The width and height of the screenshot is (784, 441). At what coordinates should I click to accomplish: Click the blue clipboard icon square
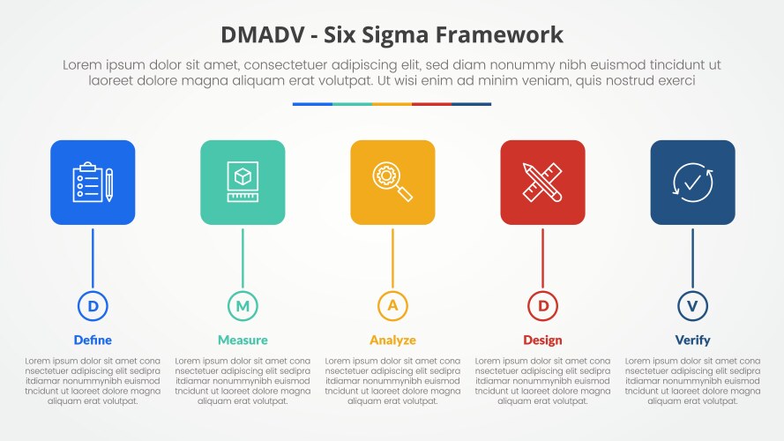(x=93, y=183)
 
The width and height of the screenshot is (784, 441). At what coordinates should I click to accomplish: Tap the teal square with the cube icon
(x=243, y=183)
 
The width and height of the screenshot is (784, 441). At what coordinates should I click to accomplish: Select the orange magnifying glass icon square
(x=392, y=183)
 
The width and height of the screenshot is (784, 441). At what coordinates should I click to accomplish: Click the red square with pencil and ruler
(x=542, y=183)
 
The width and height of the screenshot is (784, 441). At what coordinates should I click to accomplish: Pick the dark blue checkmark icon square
(x=692, y=183)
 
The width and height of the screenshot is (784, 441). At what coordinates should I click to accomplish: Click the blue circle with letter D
(x=93, y=306)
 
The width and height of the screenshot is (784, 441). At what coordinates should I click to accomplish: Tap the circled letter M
(x=243, y=306)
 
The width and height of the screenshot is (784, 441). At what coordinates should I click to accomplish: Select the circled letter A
(x=392, y=306)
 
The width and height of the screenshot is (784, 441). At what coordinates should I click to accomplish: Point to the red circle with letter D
(x=542, y=306)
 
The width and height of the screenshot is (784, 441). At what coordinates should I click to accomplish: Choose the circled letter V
(x=692, y=306)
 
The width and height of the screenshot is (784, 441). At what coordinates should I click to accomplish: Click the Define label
(x=93, y=340)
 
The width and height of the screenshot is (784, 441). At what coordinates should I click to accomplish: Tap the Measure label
(x=243, y=340)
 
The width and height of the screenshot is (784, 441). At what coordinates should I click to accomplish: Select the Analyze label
(x=392, y=340)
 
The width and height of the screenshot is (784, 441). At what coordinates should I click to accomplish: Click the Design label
(x=542, y=340)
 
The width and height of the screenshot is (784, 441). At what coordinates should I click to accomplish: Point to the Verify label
(x=692, y=340)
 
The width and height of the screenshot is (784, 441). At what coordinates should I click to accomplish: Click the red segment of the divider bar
(x=431, y=104)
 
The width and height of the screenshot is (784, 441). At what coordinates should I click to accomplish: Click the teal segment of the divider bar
(x=352, y=104)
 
